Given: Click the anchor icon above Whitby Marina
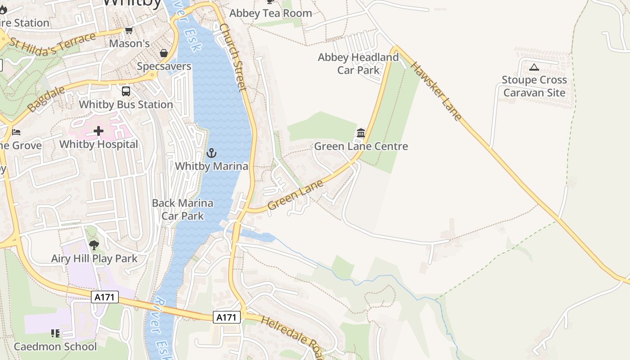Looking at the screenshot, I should (211, 153).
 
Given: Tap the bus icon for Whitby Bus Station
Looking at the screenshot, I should (126, 91).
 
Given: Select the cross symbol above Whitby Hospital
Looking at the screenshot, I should (99, 131).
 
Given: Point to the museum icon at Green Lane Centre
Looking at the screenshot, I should (360, 133).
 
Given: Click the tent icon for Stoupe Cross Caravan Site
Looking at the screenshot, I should (534, 67).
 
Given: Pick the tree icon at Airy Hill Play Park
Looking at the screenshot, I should (94, 245).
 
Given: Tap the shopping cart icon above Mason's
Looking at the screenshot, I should (129, 31).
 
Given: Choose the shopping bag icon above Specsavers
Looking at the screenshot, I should (164, 53).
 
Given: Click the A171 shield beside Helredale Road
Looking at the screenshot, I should (226, 317).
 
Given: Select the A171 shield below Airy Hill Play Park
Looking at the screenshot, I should (105, 297).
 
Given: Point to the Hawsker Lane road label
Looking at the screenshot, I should (436, 91).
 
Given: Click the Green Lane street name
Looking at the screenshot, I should (295, 195).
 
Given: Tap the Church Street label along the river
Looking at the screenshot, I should (233, 57).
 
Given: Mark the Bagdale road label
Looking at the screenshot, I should (46, 99).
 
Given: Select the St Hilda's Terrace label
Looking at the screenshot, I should (52, 42).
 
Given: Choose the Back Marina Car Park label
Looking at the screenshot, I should (183, 209).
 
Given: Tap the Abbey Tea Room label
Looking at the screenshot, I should (270, 13).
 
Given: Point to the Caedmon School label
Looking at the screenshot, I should (55, 346).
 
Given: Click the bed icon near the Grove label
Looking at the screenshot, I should (16, 132).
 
